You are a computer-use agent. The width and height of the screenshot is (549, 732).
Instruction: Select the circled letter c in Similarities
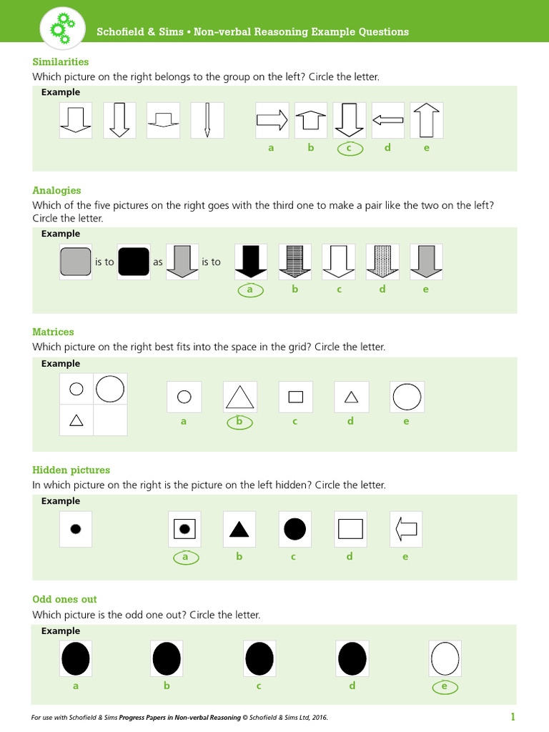tap(349, 148)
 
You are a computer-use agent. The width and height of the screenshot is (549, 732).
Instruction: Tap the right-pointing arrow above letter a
tap(272, 120)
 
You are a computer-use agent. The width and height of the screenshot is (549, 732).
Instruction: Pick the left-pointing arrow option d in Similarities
tap(387, 120)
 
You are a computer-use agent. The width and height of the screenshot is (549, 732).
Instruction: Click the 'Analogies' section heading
tap(56, 190)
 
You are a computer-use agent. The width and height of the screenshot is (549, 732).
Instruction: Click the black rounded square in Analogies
tap(133, 262)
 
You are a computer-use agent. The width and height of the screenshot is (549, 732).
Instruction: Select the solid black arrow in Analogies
tap(250, 262)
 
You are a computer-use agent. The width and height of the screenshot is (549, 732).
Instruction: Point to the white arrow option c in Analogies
tap(338, 262)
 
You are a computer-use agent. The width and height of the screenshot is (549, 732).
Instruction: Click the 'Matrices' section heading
tap(53, 332)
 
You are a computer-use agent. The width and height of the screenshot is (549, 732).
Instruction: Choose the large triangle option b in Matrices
tap(239, 397)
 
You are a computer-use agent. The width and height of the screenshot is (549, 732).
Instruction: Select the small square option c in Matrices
tap(295, 397)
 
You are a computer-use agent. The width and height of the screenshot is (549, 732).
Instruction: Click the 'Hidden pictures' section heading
tap(71, 470)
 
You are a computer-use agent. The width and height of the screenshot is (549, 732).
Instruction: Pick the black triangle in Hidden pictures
tap(239, 530)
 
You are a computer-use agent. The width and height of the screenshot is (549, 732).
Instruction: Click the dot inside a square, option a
tap(184, 529)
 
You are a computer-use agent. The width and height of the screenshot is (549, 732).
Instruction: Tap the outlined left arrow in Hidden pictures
tap(406, 529)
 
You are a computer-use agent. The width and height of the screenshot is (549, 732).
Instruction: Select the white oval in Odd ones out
tap(445, 658)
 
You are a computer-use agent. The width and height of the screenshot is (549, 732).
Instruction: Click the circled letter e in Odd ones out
tap(445, 687)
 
